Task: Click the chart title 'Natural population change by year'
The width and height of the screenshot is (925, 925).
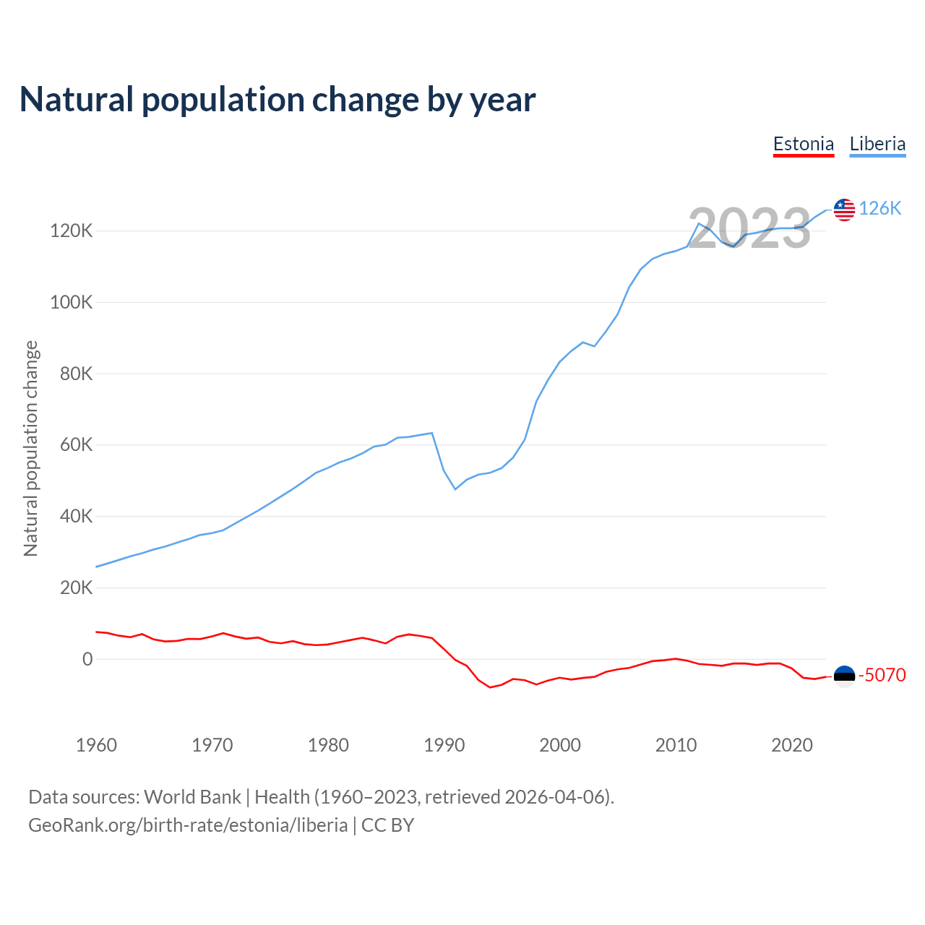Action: coord(277,100)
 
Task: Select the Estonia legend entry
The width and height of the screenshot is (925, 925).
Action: coord(804,144)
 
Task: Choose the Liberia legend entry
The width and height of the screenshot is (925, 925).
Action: coord(877,144)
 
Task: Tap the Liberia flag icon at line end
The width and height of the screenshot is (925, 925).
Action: coord(844,210)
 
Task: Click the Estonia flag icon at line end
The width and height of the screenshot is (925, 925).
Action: coord(844,676)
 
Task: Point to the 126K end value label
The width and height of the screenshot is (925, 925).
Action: coord(880,209)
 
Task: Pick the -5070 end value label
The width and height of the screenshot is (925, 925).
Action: coord(882,675)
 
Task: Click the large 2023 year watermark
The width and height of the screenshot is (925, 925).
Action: coord(749,228)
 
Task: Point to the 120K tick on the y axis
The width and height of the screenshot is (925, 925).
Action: coord(72,231)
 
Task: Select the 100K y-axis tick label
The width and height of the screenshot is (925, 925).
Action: coord(72,302)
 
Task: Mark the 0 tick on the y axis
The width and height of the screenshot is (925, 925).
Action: coord(87,659)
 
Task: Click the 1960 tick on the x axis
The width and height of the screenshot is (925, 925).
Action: coord(96,745)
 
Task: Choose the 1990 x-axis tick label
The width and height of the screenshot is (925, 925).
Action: coord(444,745)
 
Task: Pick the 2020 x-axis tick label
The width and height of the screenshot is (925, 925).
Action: coord(792,745)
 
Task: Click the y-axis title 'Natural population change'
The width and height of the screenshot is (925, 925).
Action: coord(31,449)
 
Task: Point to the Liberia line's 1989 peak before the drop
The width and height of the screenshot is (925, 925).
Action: coord(432,433)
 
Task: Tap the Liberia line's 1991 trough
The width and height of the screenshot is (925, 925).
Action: coord(455,489)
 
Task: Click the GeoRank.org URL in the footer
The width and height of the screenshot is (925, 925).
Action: coord(188,825)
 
